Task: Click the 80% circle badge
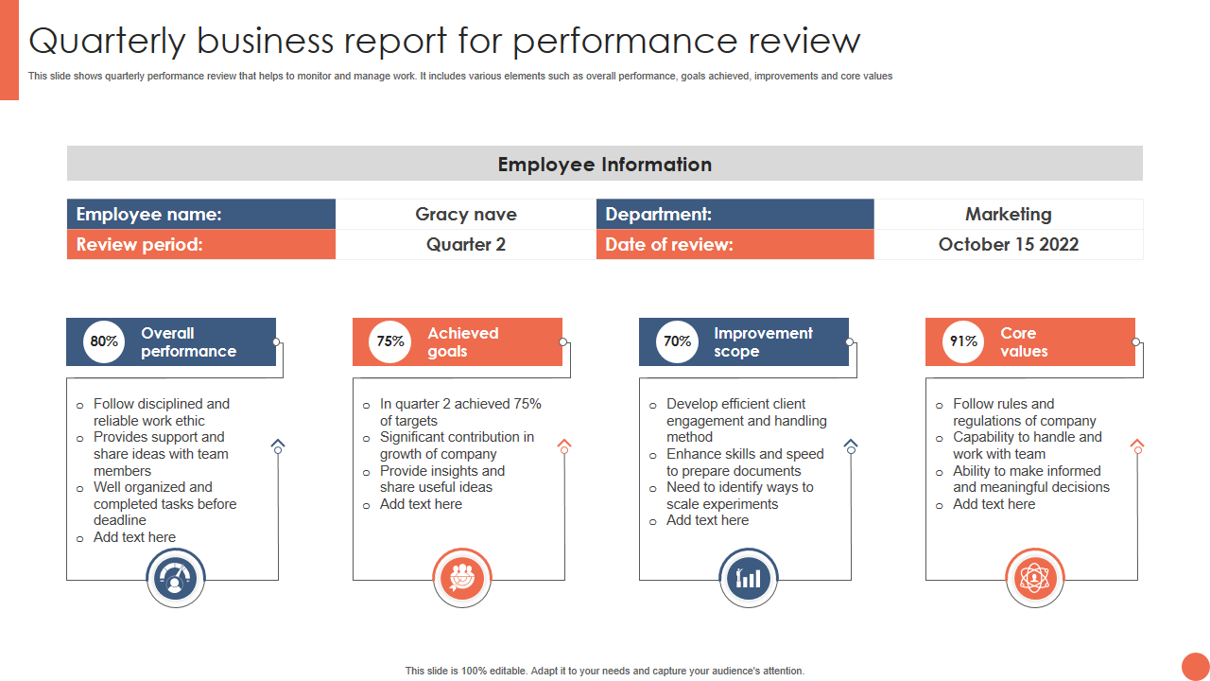pyautogui.click(x=104, y=341)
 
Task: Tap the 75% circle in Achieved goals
pyautogui.click(x=390, y=341)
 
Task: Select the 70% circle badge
pyautogui.click(x=677, y=341)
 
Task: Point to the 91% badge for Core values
pyautogui.click(x=963, y=341)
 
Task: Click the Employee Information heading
pyautogui.click(x=604, y=165)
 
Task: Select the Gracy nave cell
pyautogui.click(x=466, y=215)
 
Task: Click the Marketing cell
pyautogui.click(x=1008, y=215)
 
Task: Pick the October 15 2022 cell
pyautogui.click(x=1008, y=245)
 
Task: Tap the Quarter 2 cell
pyautogui.click(x=466, y=245)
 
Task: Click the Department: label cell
pyautogui.click(x=735, y=215)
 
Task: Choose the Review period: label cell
pyautogui.click(x=200, y=245)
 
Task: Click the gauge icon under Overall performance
pyautogui.click(x=176, y=578)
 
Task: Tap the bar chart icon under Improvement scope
pyautogui.click(x=749, y=578)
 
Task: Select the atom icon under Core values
pyautogui.click(x=1035, y=578)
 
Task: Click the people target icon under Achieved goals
pyautogui.click(x=462, y=578)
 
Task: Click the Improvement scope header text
pyautogui.click(x=763, y=341)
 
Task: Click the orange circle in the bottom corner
pyautogui.click(x=1195, y=666)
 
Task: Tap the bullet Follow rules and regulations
pyautogui.click(x=1024, y=412)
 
